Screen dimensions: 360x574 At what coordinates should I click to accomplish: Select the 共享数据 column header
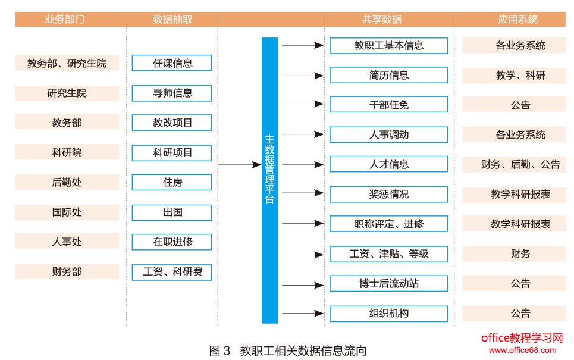[x=381, y=20]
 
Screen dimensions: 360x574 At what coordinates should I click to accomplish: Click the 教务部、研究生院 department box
[x=67, y=63]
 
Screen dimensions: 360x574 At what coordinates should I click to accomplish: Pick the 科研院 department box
[x=67, y=153]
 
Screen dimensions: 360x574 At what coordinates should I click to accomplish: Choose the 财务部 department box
[x=67, y=272]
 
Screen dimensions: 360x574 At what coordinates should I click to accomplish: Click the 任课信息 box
[x=172, y=63]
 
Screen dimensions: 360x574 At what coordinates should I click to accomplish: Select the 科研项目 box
[x=172, y=153]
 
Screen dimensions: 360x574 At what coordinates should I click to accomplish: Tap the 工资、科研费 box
[x=172, y=272]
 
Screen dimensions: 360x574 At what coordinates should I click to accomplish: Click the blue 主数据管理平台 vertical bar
[x=269, y=180]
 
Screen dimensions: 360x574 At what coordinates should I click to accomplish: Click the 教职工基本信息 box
[x=388, y=46]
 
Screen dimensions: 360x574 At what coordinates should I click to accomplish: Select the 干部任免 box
[x=388, y=105]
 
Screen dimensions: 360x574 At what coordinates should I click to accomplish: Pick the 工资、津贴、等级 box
[x=388, y=254]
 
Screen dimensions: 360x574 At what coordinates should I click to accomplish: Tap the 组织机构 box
[x=388, y=314]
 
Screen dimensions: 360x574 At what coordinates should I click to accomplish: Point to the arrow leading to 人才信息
[x=302, y=164]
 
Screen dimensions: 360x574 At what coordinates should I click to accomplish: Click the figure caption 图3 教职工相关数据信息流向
[x=288, y=350]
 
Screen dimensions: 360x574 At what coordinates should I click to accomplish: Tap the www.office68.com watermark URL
[x=522, y=349]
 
